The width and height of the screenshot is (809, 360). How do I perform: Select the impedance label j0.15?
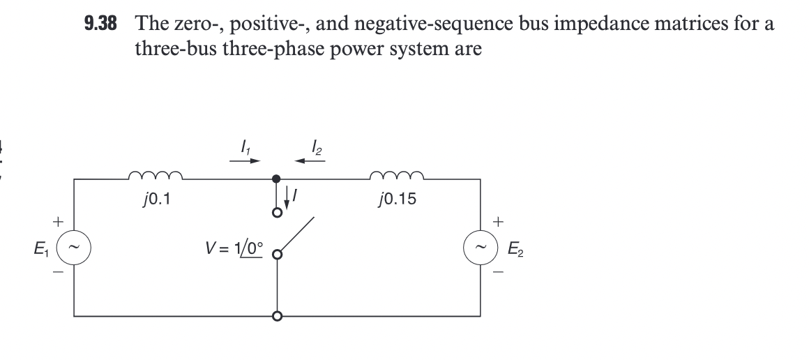(395, 201)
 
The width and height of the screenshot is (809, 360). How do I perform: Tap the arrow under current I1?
(246, 160)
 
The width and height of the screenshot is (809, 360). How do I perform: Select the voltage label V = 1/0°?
(233, 249)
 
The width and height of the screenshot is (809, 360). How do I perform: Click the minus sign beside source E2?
(498, 272)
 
